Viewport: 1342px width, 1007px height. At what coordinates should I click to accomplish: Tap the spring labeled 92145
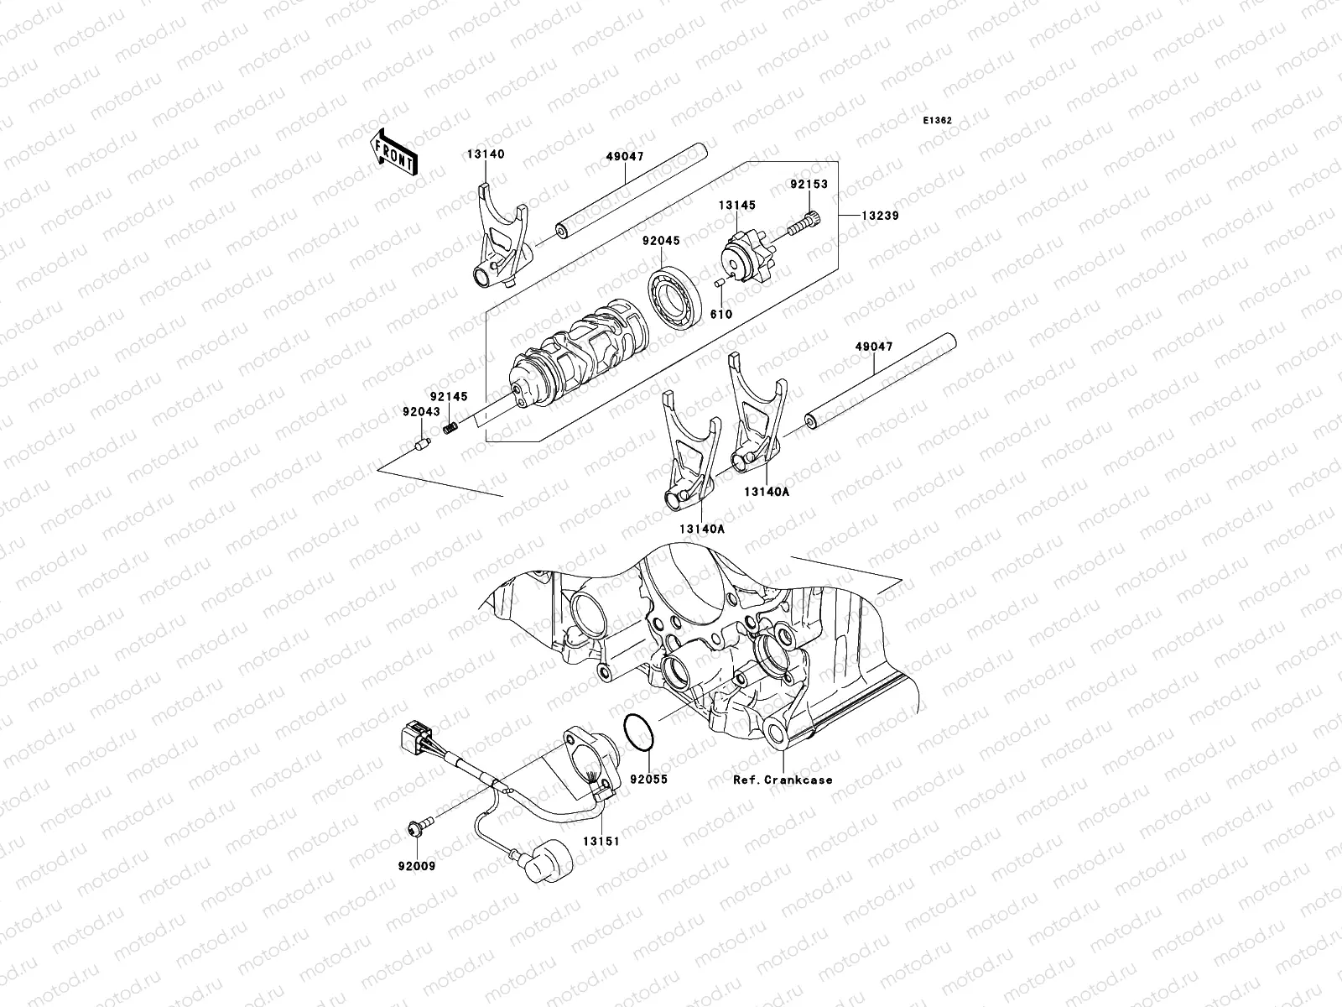pos(450,429)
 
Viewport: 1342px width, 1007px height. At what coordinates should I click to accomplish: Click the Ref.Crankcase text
pos(783,780)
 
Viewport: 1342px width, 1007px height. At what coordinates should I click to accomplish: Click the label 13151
pos(601,841)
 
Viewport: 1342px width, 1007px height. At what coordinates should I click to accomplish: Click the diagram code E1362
pos(937,121)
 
